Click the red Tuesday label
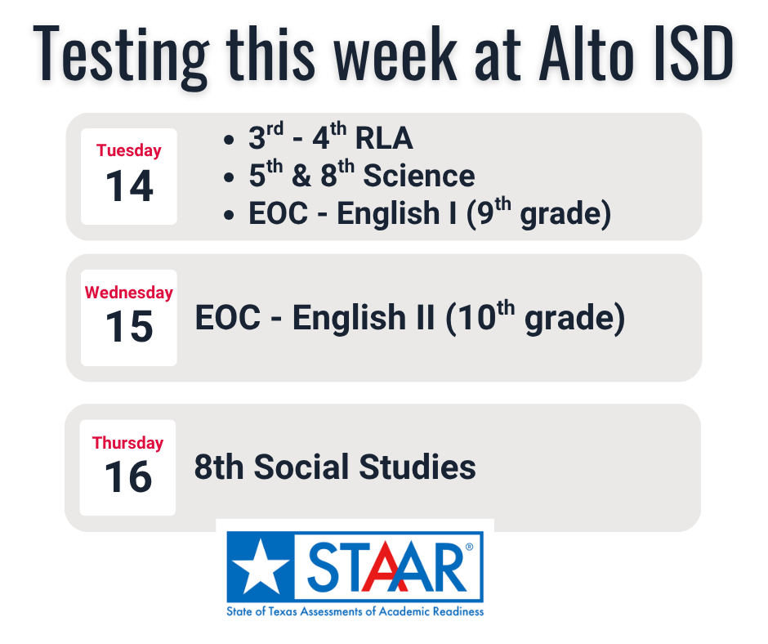click(128, 150)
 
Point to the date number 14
click(129, 186)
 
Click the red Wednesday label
click(128, 292)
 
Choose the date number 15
click(129, 327)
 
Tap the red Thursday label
click(127, 443)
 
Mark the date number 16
click(128, 477)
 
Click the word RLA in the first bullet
click(384, 140)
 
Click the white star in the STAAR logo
click(261, 565)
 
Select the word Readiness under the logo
click(458, 611)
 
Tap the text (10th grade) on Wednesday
click(535, 317)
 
